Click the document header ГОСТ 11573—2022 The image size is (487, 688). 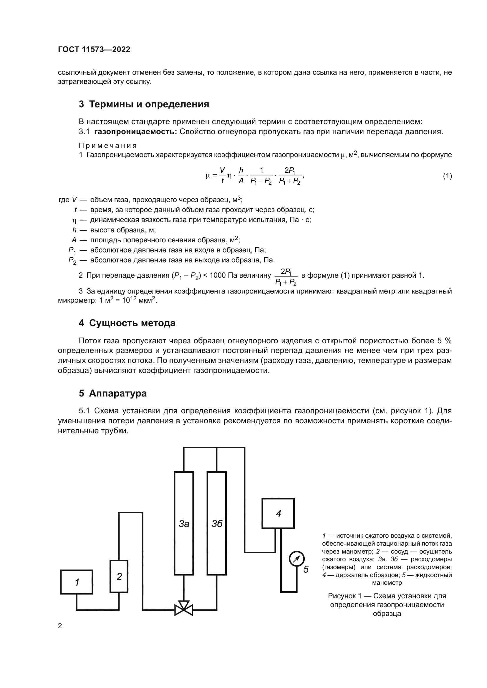(x=94, y=50)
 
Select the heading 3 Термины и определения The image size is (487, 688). (x=144, y=104)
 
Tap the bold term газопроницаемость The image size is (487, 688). (x=135, y=132)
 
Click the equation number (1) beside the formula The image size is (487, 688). (x=447, y=176)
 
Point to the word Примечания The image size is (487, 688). (x=108, y=146)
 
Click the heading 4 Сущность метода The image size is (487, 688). (x=127, y=323)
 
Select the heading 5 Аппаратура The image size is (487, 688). (x=113, y=393)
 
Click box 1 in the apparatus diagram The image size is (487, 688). (x=77, y=582)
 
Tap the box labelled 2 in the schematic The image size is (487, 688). (x=119, y=576)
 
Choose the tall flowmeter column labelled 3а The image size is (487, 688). (x=183, y=523)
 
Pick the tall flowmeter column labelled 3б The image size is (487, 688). (x=216, y=523)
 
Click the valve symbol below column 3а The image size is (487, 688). (x=183, y=608)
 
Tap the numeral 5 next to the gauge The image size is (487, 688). (x=306, y=569)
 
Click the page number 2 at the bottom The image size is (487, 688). (x=60, y=626)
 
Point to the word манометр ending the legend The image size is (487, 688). (x=387, y=583)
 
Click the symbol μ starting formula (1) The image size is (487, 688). (x=208, y=176)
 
